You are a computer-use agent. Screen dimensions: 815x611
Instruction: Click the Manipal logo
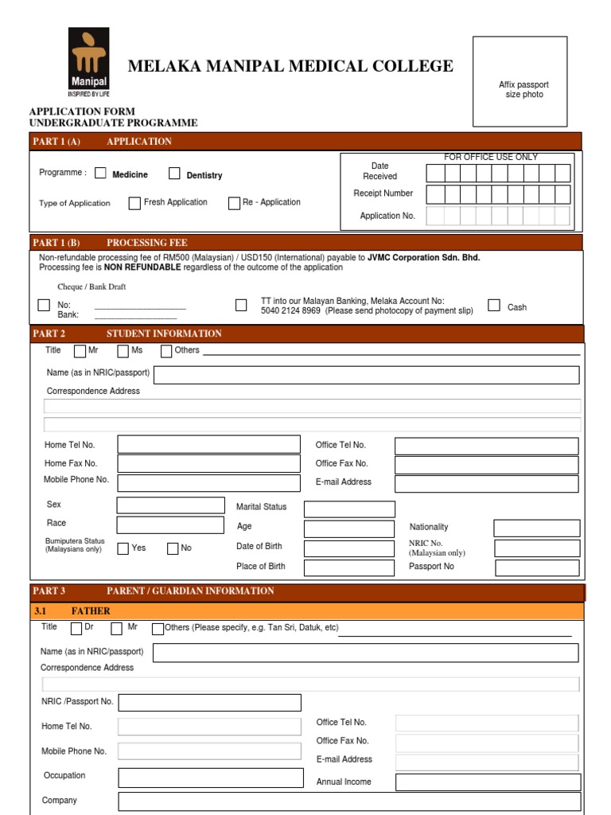(x=88, y=60)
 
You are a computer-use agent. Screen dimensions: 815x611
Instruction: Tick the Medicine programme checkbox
(x=100, y=173)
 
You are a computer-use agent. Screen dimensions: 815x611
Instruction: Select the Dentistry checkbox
(x=174, y=174)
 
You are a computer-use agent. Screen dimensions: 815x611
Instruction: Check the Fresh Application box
(x=134, y=203)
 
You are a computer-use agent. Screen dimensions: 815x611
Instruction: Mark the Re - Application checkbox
(x=234, y=203)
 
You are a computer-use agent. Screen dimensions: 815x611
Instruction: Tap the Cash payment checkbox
(x=494, y=306)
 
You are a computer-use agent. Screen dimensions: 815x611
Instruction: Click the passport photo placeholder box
(x=520, y=81)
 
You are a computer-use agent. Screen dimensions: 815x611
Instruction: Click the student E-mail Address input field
(x=487, y=483)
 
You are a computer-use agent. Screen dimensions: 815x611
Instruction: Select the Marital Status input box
(x=349, y=509)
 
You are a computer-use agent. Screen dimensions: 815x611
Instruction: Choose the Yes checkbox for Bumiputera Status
(x=123, y=548)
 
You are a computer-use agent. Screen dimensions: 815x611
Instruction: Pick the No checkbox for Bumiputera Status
(x=173, y=548)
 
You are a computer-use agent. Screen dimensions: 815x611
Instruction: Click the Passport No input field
(x=537, y=567)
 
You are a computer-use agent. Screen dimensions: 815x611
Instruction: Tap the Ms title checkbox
(x=123, y=351)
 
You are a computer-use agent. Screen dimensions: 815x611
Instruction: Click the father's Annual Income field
(x=488, y=782)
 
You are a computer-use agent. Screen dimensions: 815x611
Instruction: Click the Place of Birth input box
(x=349, y=567)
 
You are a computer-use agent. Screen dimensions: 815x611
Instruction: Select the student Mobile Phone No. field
(x=209, y=482)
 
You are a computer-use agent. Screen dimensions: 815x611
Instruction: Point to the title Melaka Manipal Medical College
(x=290, y=66)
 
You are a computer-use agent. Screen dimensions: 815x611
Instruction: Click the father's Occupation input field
(x=211, y=778)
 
